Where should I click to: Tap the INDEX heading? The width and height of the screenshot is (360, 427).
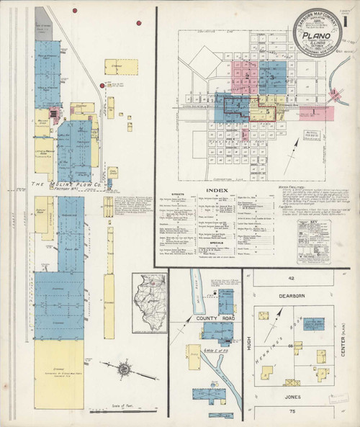pos(217,190)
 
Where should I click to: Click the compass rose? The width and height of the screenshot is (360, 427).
pos(124,370)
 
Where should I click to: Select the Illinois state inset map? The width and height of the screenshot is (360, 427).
pos(149,302)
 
